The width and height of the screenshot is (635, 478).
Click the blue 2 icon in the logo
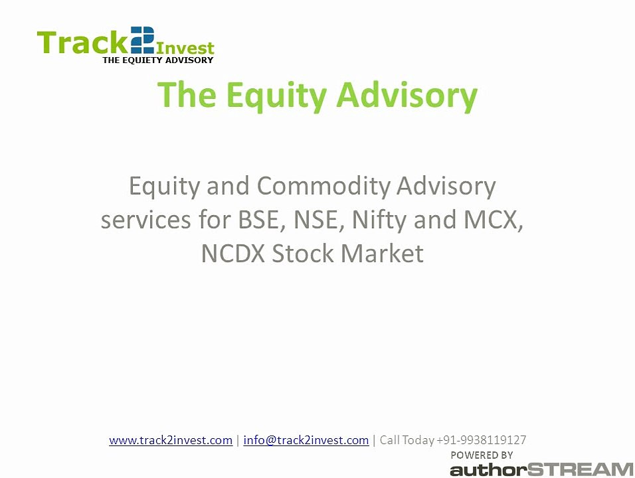pyautogui.click(x=143, y=40)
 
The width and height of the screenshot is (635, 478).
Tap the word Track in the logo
pyautogui.click(x=82, y=42)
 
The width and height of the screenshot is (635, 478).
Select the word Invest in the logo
pyautogui.click(x=185, y=48)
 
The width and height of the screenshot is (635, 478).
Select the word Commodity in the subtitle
pyautogui.click(x=323, y=186)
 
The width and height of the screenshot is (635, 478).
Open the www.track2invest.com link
pyautogui.click(x=171, y=440)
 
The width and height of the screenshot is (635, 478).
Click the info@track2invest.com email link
pyautogui.click(x=306, y=440)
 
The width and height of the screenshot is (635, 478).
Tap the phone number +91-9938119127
pyautogui.click(x=482, y=440)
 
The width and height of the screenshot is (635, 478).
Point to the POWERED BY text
pyautogui.click(x=482, y=455)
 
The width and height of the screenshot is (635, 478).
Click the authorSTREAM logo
pyautogui.click(x=541, y=469)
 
